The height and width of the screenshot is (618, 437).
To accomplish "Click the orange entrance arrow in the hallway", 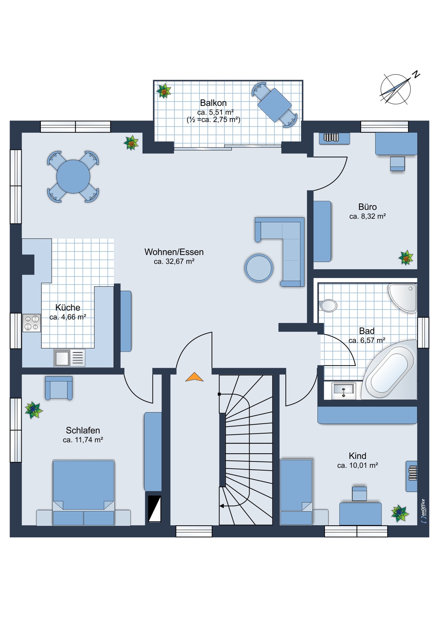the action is tap(194, 377).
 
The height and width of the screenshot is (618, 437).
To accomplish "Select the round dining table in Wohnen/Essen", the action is tap(73, 177).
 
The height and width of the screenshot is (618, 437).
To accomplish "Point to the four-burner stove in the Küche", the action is tap(32, 323).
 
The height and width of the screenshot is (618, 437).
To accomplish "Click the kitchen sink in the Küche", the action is tap(69, 358).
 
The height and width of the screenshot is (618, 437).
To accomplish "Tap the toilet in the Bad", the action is tap(328, 306).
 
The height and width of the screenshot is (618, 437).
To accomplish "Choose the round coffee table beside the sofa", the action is tap(259, 268).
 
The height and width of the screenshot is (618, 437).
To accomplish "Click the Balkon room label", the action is tap(213, 103).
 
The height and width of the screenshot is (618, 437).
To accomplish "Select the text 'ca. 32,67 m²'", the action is tap(174, 261).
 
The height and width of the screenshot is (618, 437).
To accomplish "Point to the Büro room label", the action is tap(367, 207).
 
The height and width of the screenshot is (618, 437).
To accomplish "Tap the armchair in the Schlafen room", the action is tap(59, 388).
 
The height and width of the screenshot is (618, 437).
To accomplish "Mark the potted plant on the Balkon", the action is tap(164, 91).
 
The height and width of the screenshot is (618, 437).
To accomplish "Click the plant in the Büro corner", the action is tap(406, 257).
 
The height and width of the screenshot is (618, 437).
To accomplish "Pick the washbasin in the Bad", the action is tap(344, 391).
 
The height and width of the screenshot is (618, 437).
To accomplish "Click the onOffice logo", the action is tap(423, 511).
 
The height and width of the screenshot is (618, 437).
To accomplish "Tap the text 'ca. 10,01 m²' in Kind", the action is tap(358, 465).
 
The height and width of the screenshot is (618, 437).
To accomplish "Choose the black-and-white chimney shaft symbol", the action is tap(154, 509).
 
